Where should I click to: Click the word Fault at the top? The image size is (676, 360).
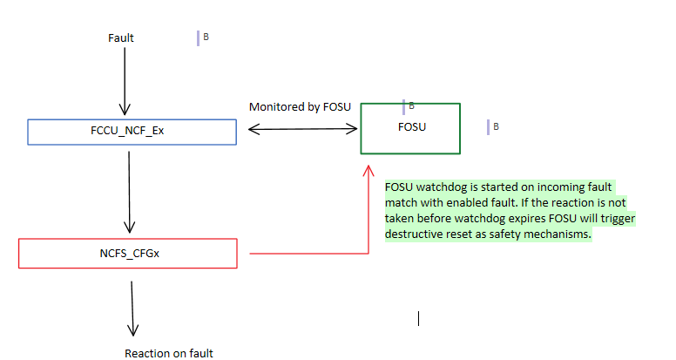pyautogui.click(x=121, y=37)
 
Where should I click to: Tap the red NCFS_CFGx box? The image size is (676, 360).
pyautogui.click(x=127, y=253)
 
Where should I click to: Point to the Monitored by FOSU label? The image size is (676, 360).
pyautogui.click(x=300, y=107)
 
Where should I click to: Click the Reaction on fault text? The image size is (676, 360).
pyautogui.click(x=169, y=353)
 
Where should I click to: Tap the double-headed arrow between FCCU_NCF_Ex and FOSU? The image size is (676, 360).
pyautogui.click(x=302, y=130)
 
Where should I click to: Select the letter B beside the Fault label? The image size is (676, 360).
pyautogui.click(x=206, y=37)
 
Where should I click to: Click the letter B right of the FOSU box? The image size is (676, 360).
pyautogui.click(x=496, y=126)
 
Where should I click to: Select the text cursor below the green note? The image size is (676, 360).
pyautogui.click(x=419, y=318)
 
